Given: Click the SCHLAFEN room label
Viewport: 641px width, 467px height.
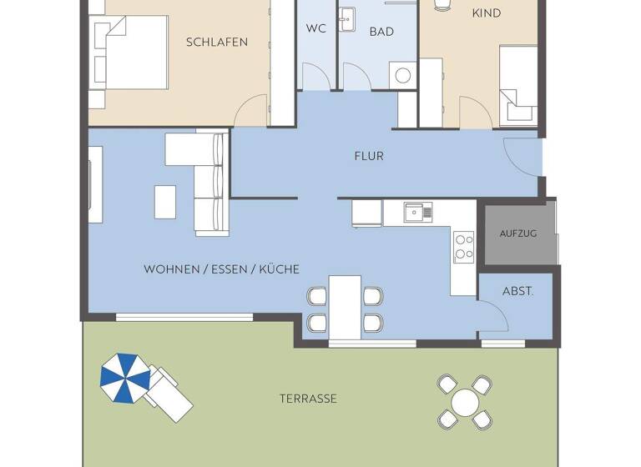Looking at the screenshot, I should (217, 42).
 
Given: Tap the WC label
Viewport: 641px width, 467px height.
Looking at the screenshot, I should (315, 28).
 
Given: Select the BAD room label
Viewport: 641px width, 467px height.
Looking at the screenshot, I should (381, 32).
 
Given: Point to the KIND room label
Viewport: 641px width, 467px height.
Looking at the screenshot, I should (487, 13).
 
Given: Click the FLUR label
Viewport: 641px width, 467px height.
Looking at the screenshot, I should (369, 156).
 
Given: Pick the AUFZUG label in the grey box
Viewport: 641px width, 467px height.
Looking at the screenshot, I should (518, 233).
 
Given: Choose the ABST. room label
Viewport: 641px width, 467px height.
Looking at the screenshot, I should (517, 292).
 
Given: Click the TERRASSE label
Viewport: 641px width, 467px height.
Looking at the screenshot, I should (308, 399).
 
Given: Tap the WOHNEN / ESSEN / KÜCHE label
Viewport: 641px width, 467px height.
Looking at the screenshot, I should (221, 269).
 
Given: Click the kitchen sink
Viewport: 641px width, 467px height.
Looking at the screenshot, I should (415, 213).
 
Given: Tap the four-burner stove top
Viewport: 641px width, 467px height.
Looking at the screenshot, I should (463, 246).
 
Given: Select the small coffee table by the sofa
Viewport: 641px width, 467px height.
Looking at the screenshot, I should (165, 201).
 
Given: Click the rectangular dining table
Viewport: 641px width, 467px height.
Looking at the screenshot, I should (345, 307).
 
